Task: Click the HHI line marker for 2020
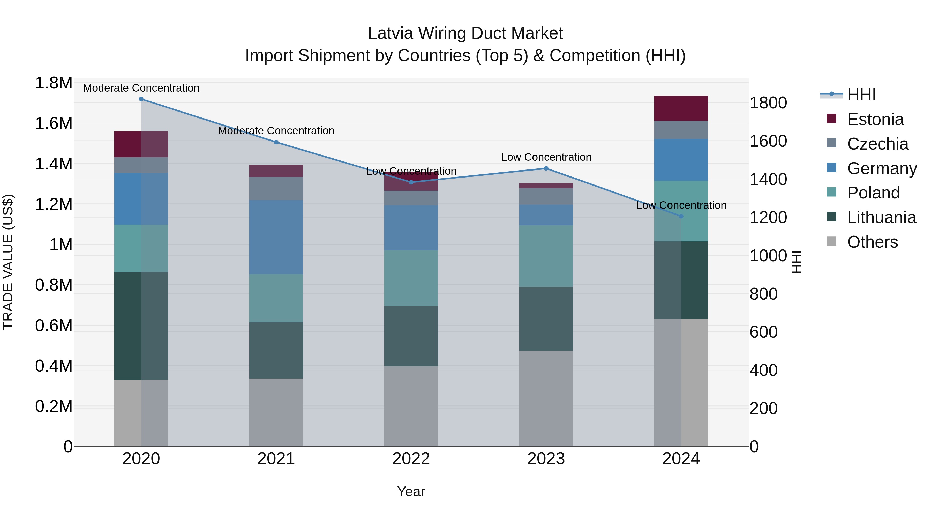141,99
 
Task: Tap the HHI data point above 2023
546,168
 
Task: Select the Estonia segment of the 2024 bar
681,108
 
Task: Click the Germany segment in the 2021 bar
276,237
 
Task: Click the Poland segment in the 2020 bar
141,248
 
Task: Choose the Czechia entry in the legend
877,144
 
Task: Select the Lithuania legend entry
881,217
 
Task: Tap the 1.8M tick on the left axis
54,83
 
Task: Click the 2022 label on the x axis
411,459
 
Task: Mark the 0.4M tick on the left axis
54,366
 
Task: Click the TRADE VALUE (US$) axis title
8,262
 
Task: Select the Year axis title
411,491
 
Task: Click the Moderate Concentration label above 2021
276,131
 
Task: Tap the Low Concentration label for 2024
681,205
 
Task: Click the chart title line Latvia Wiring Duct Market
465,33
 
